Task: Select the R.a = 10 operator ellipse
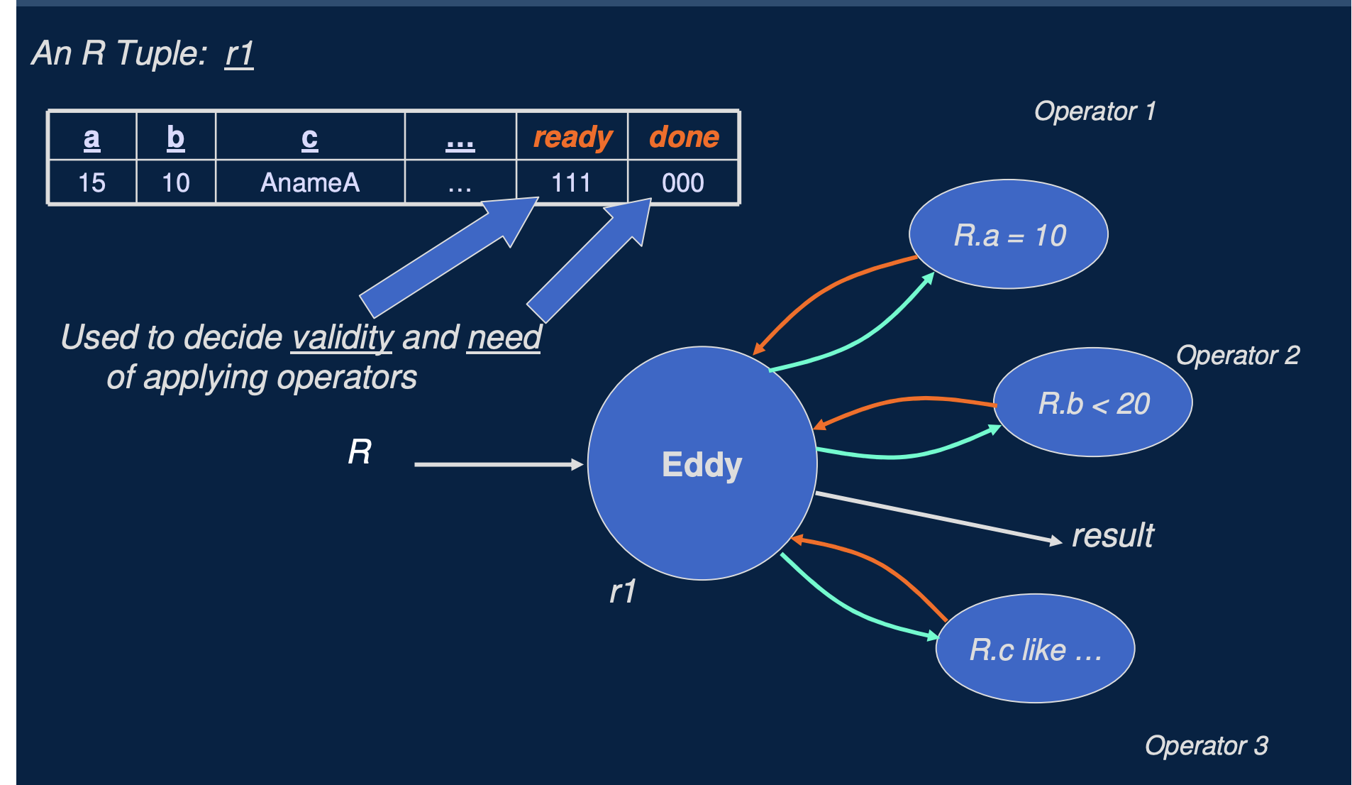[x=1008, y=235]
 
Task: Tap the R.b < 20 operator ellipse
[x=1092, y=402]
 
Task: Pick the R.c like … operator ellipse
[x=1035, y=649]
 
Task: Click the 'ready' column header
[x=572, y=137]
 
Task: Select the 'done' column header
[x=684, y=137]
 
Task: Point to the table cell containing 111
[x=571, y=183]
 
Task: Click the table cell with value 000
[x=682, y=183]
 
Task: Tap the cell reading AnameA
[x=310, y=183]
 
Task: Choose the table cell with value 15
[x=92, y=183]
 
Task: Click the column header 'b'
[x=175, y=137]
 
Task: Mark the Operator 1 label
[x=1095, y=111]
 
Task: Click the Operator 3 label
[x=1206, y=746]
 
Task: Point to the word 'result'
[x=1112, y=535]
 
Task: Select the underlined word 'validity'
[x=343, y=337]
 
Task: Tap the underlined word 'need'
[x=504, y=337]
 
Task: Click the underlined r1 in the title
[x=239, y=54]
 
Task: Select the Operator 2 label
[x=1238, y=356]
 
